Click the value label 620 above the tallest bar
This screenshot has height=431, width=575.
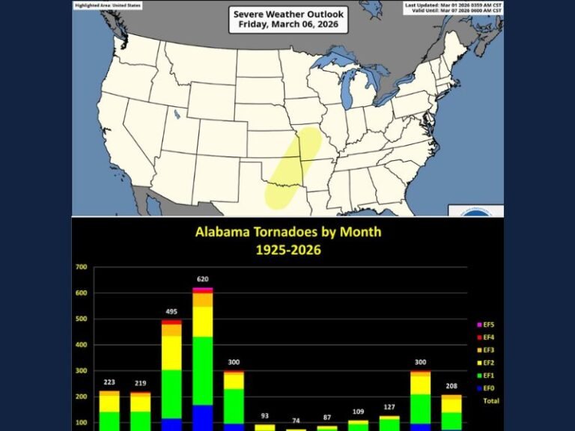[202, 279]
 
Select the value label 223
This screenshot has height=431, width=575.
[109, 382]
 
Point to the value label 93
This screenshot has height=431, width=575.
[264, 416]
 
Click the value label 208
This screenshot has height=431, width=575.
[451, 386]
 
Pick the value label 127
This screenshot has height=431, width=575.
[389, 408]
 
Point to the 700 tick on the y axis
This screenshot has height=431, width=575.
[81, 266]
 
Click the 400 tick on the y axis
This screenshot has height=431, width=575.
[81, 345]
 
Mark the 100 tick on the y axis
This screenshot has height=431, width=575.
[81, 423]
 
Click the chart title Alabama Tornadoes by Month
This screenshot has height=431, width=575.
[288, 232]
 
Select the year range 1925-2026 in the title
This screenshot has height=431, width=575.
[288, 249]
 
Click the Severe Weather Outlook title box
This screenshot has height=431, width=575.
[287, 19]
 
